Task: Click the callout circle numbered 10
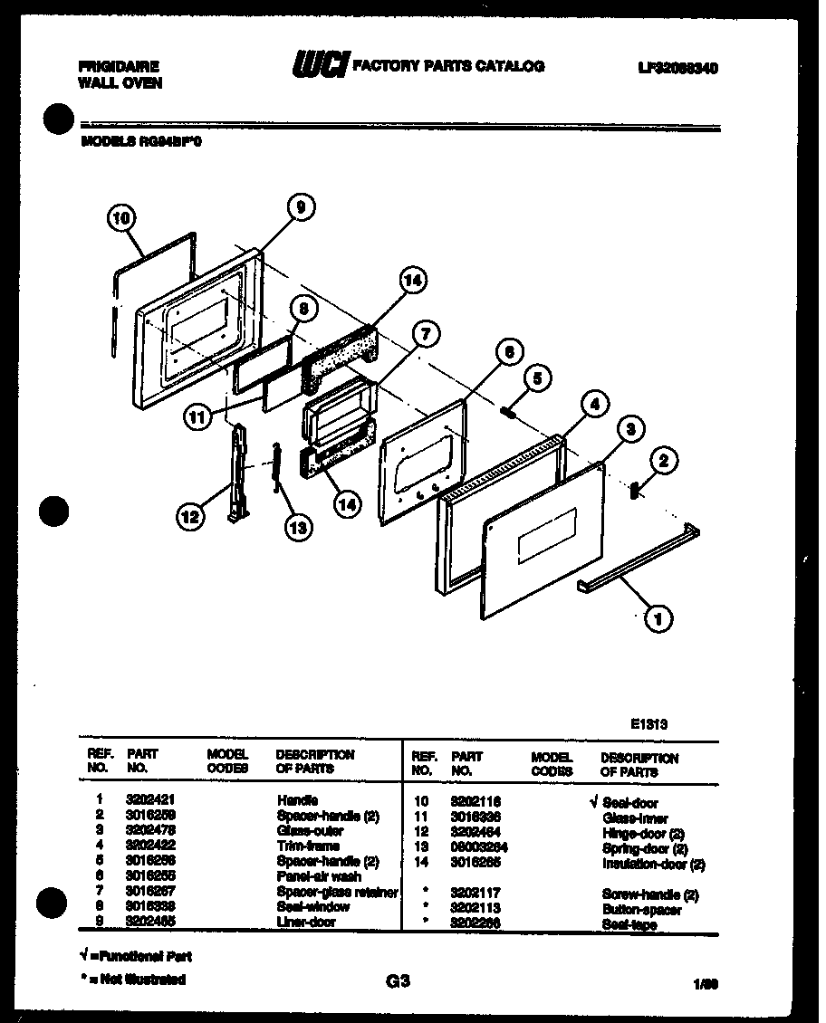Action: [120, 218]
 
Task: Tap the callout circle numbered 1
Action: [658, 619]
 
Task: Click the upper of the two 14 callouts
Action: [412, 282]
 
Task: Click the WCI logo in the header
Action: [319, 65]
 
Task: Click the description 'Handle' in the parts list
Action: [297, 801]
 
